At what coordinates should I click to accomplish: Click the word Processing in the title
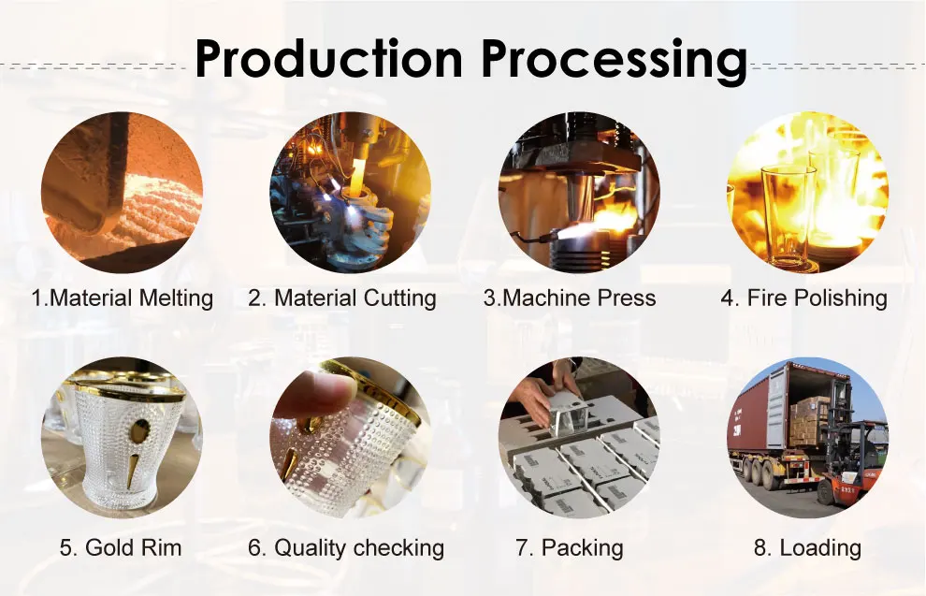pos(614,60)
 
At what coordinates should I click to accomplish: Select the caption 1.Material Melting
pos(122,298)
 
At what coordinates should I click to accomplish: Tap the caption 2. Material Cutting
pos(342,298)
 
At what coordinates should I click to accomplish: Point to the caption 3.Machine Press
pos(570,298)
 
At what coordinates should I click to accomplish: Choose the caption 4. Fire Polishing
pos(803,298)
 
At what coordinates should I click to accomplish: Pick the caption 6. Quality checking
pos(346,547)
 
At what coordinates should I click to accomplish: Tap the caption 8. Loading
pos(807,547)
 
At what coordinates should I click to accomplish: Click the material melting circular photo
pos(122,192)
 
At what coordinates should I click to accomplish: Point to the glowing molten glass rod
pos(357,167)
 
